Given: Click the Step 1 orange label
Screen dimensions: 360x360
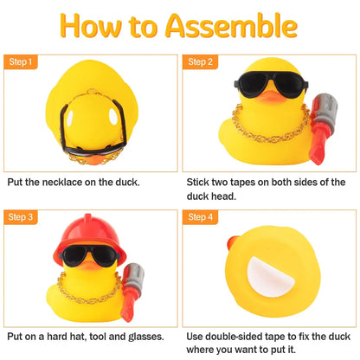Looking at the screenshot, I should tap(22, 62).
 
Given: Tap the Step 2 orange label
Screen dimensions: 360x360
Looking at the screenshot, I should tap(202, 62).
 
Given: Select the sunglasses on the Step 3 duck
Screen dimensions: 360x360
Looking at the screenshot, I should tap(89, 260).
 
